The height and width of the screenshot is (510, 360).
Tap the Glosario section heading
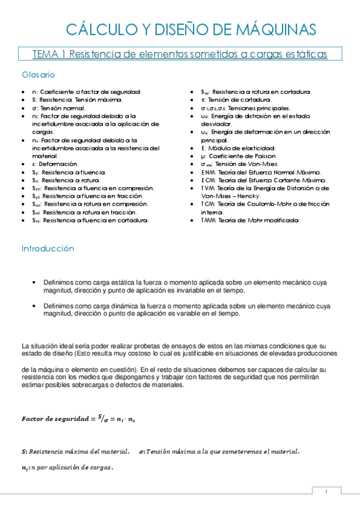pyautogui.click(x=38, y=75)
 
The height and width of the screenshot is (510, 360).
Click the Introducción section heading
pyautogui.click(x=47, y=248)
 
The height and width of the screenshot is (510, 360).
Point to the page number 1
pyautogui.click(x=326, y=492)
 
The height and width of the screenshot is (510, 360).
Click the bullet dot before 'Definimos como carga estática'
pyautogui.click(x=37, y=282)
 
